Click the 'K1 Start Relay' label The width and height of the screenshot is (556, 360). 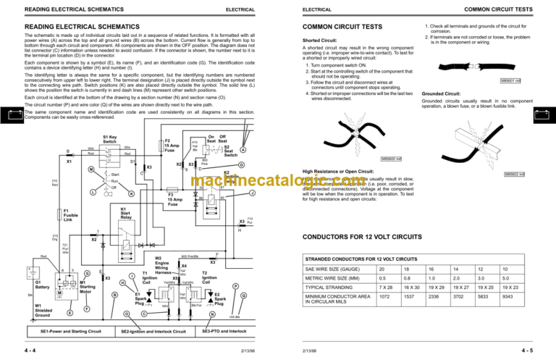pyautogui.click(x=130, y=214)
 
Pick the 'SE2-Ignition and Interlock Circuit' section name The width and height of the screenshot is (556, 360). pyautogui.click(x=151, y=331)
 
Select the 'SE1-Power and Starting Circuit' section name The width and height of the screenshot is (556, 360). pyautogui.click(x=69, y=331)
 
